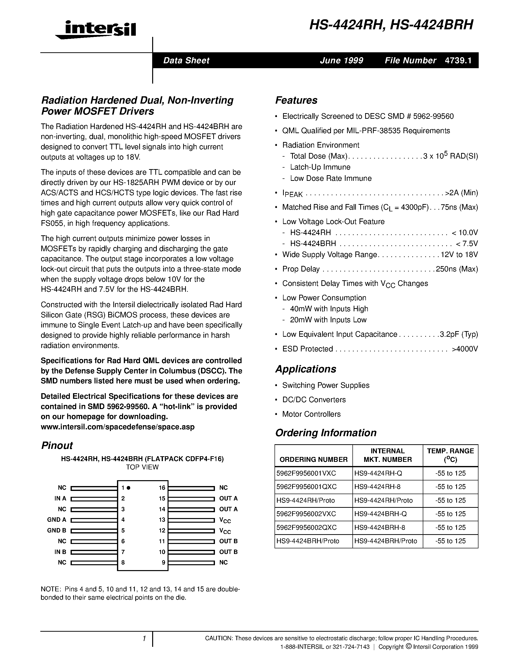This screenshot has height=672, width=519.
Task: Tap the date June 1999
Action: tap(341, 60)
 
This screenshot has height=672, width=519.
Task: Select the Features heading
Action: tap(296, 100)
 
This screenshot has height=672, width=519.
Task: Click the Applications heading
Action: tap(306, 369)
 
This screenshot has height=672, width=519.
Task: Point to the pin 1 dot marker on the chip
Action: tap(128, 488)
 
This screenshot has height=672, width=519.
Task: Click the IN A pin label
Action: tap(60, 499)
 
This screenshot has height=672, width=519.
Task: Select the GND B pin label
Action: tap(57, 531)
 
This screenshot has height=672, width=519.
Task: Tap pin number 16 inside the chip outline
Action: tap(162, 488)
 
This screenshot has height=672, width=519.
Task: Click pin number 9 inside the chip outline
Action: tap(164, 563)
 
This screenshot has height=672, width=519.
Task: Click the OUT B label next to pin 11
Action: tap(228, 541)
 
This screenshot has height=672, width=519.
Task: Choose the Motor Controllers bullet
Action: tap(311, 414)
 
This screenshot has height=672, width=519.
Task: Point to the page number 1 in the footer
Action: tap(144, 639)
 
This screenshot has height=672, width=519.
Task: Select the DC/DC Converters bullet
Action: tap(314, 400)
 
